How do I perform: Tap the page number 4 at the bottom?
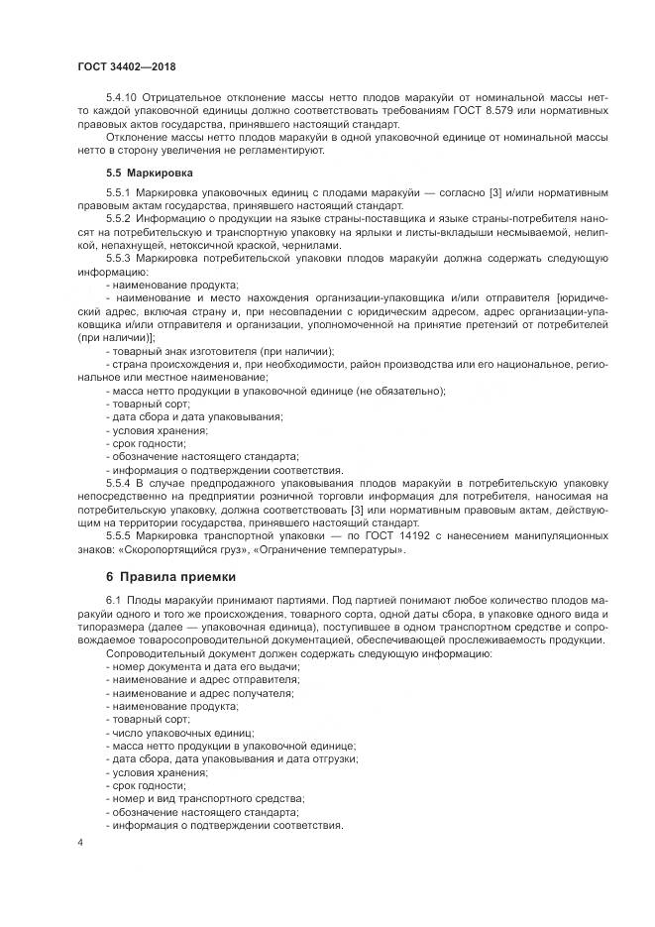pos(80,842)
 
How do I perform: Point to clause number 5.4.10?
pos(122,97)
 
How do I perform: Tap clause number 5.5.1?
pos(118,190)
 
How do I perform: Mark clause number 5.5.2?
pos(118,216)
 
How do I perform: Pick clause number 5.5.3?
pos(118,257)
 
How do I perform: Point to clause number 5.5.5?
pos(118,535)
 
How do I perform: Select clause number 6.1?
pos(112,601)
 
